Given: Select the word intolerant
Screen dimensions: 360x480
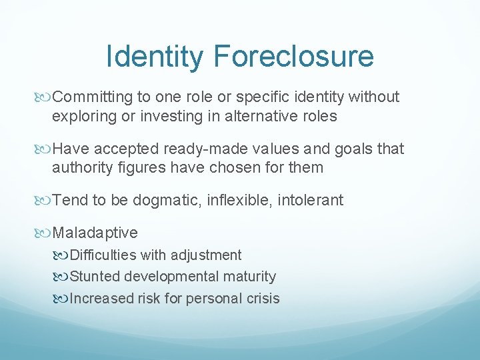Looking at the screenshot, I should coord(311,200).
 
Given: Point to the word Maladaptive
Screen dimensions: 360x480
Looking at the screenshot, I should coord(95,233).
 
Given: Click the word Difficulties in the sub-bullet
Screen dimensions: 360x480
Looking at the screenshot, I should coord(103,255).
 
